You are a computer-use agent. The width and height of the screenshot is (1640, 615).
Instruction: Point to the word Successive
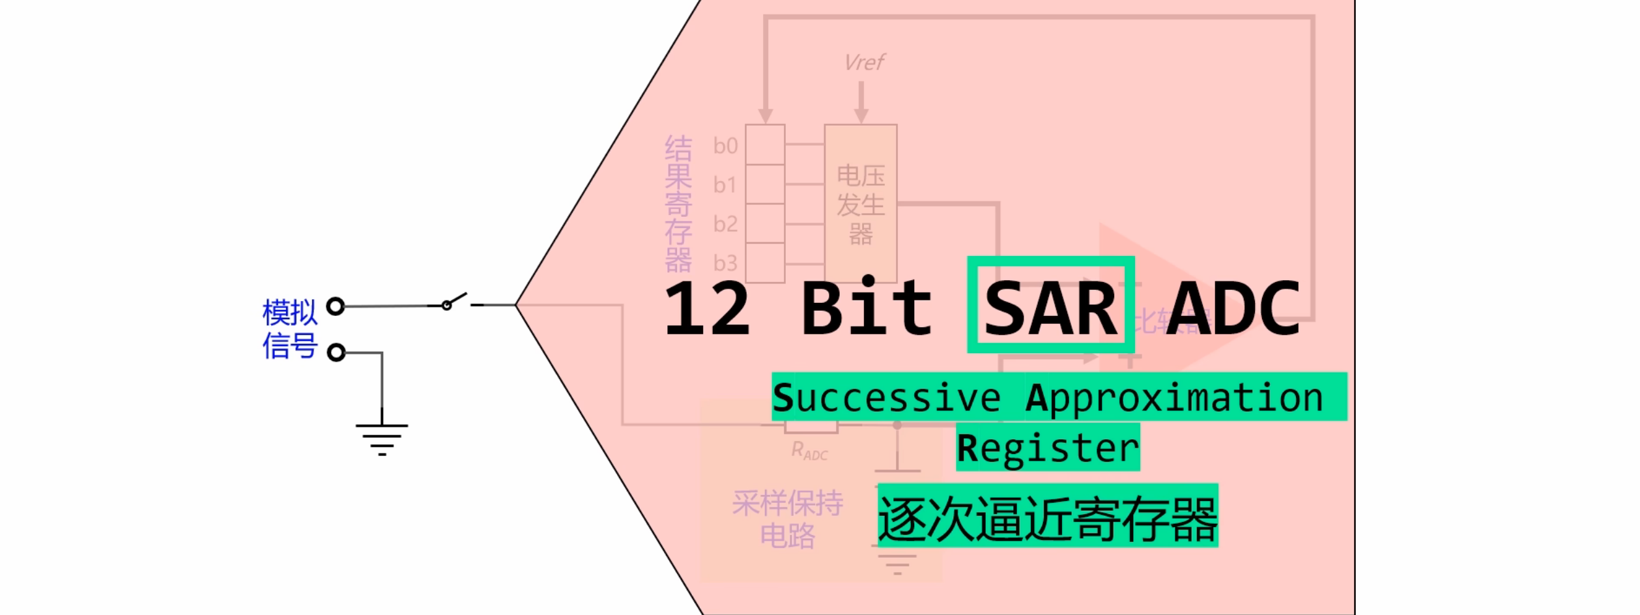(886, 397)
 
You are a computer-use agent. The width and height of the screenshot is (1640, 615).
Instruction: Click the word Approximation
(1174, 397)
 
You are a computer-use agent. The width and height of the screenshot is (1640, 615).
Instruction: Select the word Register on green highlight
(1048, 448)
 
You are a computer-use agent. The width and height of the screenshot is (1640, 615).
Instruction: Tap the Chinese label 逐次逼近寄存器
(1048, 519)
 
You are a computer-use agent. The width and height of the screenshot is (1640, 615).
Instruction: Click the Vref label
(864, 63)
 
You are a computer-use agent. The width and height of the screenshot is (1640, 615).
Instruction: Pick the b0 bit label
(725, 146)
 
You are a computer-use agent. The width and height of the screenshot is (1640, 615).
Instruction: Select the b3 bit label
(725, 263)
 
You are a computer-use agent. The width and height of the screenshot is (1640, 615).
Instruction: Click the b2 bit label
(725, 224)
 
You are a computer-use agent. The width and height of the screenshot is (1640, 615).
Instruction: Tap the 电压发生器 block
(861, 204)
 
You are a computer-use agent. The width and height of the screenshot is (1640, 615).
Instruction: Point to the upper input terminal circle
(336, 306)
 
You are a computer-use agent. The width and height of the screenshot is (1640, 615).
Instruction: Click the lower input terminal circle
(336, 353)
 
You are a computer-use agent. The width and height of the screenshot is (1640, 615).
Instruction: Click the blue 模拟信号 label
(290, 329)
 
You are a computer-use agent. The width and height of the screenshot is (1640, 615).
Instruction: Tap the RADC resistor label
(809, 451)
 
